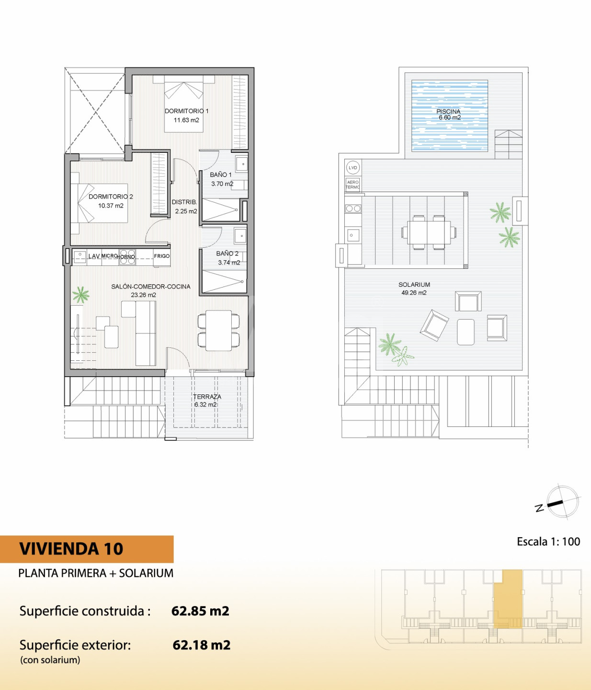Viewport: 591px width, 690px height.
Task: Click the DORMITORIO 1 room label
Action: pos(187,111)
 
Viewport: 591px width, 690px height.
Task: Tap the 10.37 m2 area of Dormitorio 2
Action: pos(111,206)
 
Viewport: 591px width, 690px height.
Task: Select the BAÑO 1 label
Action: pos(221,174)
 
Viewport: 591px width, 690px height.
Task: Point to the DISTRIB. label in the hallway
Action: pos(184,202)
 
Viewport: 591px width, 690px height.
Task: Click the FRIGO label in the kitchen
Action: pos(162,256)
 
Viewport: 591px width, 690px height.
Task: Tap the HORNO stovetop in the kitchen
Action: pos(127,257)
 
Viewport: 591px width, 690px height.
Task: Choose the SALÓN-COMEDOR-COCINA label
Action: pos(151,287)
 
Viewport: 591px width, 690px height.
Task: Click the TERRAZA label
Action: pos(207,397)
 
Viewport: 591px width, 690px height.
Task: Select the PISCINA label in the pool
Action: pos(448,112)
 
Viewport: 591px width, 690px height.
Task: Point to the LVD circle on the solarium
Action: pos(352,168)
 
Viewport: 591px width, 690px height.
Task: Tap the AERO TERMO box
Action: pos(352,184)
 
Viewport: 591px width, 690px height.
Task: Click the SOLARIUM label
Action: pos(414,285)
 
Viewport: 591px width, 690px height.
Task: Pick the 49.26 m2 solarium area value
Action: pos(414,293)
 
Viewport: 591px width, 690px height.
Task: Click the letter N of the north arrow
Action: pos(539,508)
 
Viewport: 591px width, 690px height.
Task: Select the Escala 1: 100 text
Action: pos(549,541)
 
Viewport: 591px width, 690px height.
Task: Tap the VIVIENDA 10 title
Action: pos(71,549)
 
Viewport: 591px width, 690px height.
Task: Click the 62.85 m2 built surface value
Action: pos(200,611)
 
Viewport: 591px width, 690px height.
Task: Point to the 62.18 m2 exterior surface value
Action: pos(201,645)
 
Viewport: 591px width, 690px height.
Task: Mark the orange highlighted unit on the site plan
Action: pos(508,599)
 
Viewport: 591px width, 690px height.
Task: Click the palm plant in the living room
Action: pos(81,295)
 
